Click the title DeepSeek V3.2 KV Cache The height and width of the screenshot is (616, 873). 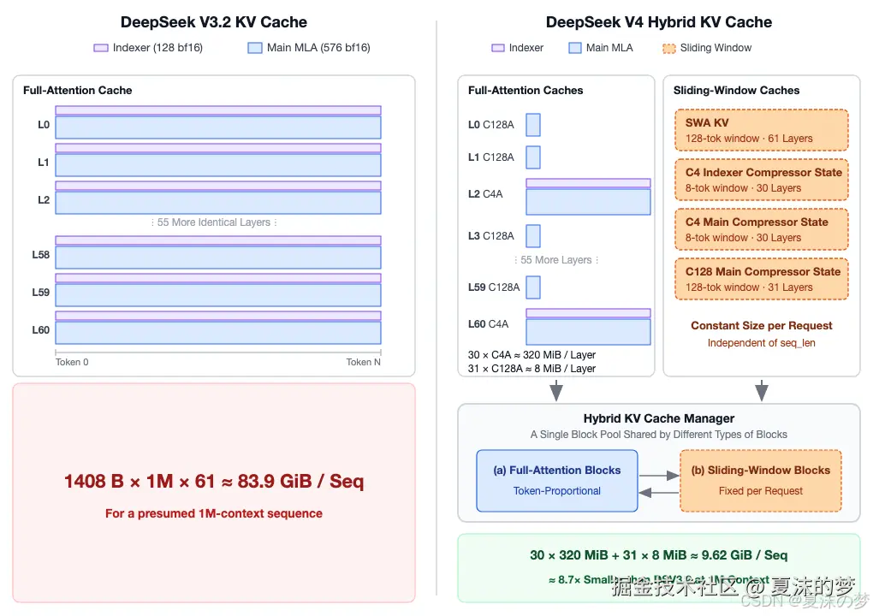coord(214,22)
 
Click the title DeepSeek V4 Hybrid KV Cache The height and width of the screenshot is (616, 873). coord(659,22)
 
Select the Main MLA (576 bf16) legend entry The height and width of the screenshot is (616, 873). coord(309,48)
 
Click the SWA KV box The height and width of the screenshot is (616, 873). coord(762,130)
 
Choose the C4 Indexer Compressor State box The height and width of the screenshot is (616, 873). coord(762,180)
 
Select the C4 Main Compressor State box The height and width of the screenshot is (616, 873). coord(762,229)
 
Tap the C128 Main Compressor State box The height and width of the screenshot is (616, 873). coord(762,279)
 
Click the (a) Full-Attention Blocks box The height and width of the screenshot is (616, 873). coord(557,481)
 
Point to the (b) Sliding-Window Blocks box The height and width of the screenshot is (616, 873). coord(761,481)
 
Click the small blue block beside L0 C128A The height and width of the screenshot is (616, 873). coord(533,125)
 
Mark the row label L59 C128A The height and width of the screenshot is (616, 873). coord(494,287)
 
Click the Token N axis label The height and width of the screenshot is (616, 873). coord(364,362)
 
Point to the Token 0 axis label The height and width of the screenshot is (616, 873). coord(72,362)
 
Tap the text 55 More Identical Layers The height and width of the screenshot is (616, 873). coord(214,222)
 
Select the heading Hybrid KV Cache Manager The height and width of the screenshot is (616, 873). coord(659,418)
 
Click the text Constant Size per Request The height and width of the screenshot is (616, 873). coord(762,326)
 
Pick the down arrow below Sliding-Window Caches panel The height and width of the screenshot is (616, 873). coord(762,392)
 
